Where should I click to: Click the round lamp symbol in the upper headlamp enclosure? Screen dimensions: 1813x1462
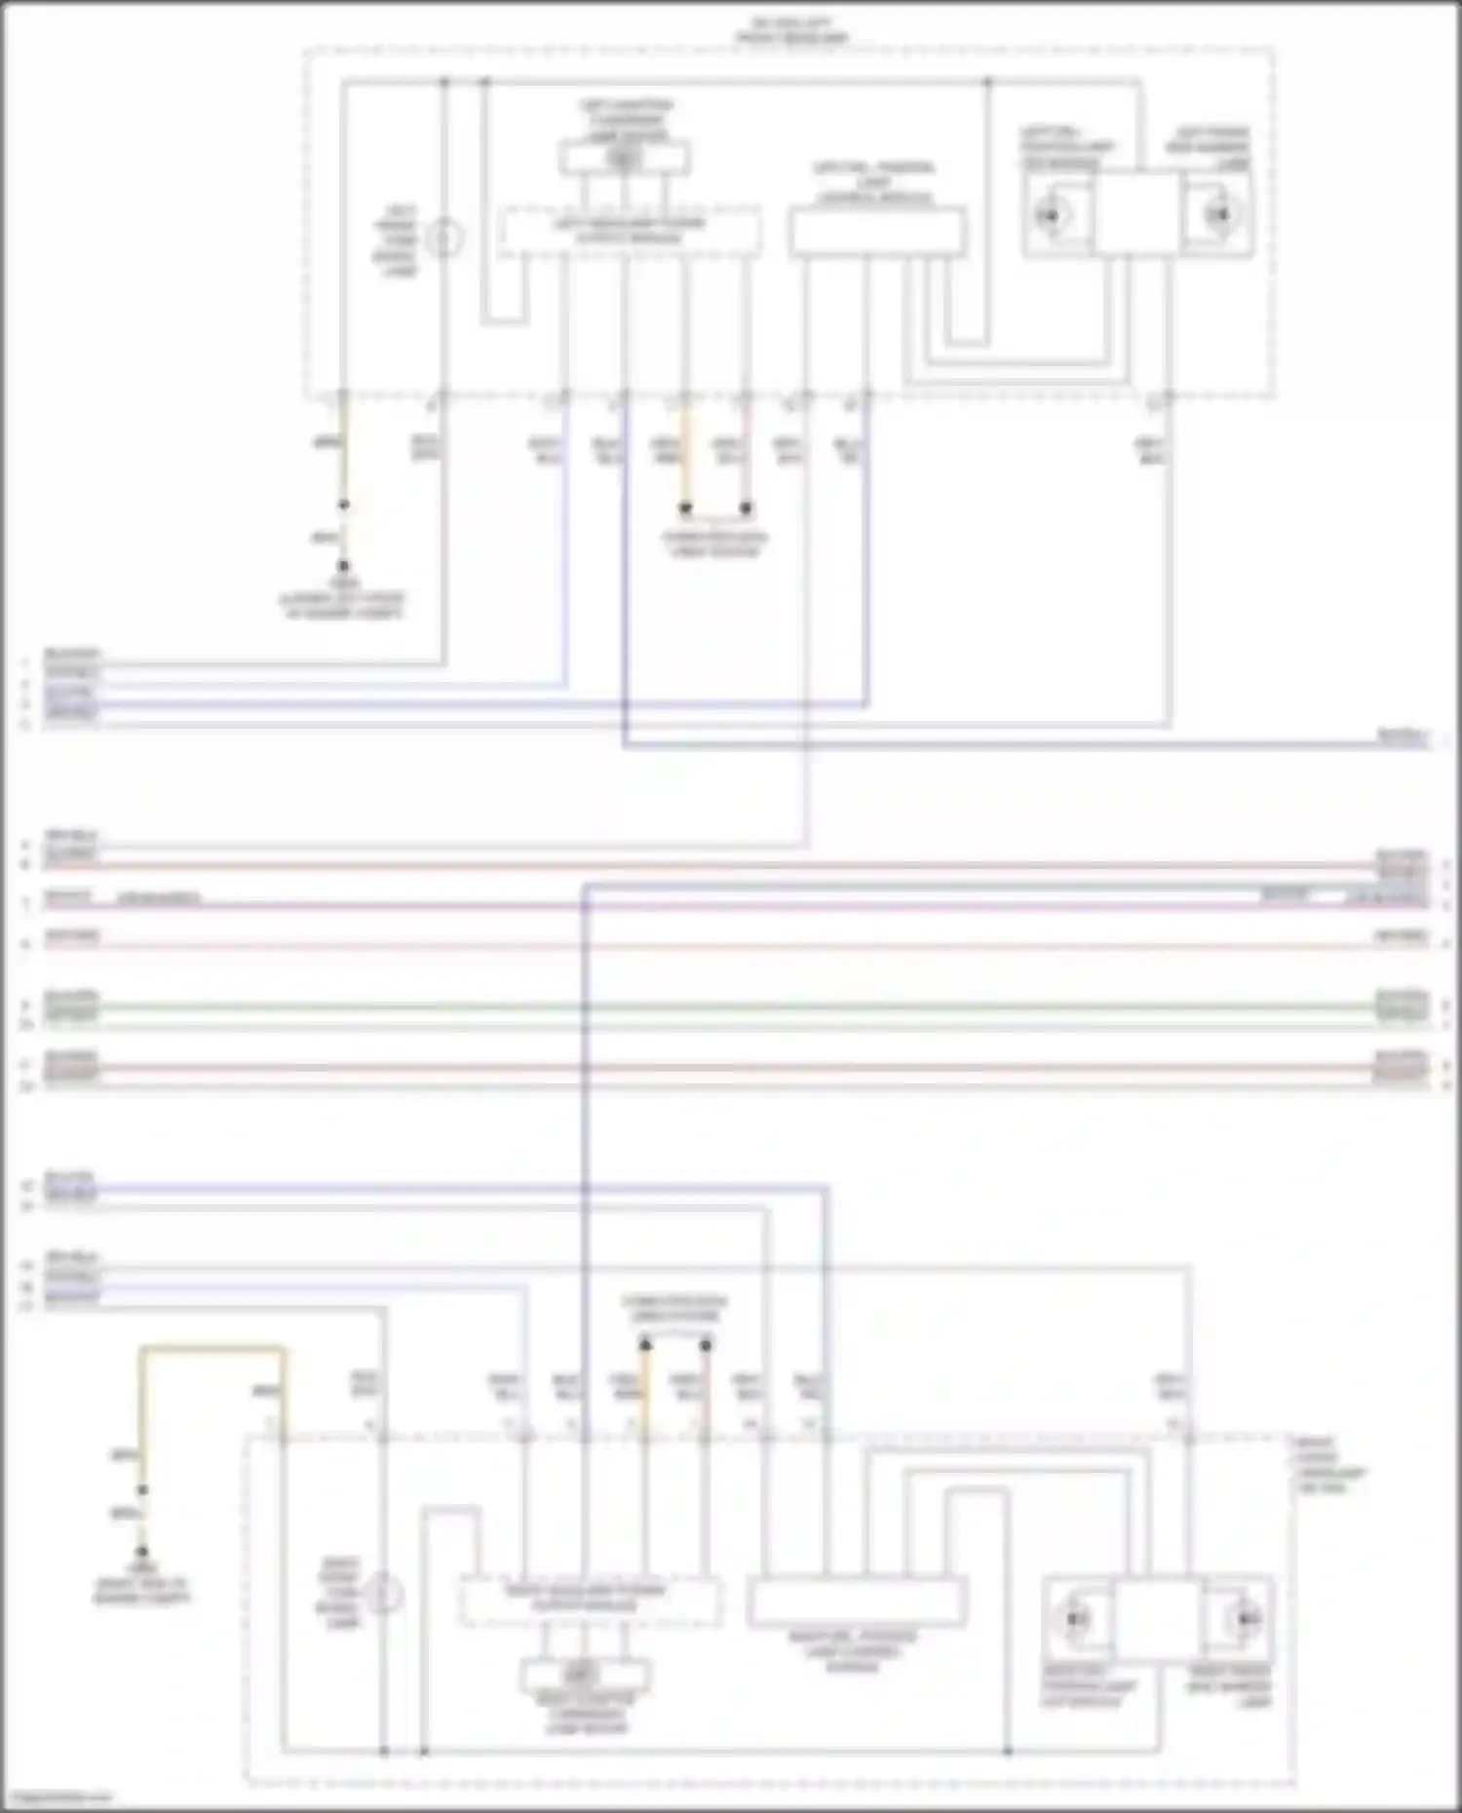444,238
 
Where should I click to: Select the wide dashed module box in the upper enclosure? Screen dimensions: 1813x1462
630,232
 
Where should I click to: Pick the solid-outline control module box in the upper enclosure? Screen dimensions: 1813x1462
877,232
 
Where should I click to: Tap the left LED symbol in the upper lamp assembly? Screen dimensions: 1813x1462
1050,214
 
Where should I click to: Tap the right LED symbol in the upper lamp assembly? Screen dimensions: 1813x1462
1218,214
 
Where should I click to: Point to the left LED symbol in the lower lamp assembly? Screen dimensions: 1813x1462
1076,1618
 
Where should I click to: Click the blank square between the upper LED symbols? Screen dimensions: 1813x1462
1135,214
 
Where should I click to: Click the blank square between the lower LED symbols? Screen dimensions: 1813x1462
1158,1618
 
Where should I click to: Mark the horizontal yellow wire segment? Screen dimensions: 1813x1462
212,1349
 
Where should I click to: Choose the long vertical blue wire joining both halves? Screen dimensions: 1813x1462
585,1169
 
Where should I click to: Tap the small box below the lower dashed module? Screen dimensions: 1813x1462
584,1676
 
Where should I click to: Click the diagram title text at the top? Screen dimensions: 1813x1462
791,30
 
